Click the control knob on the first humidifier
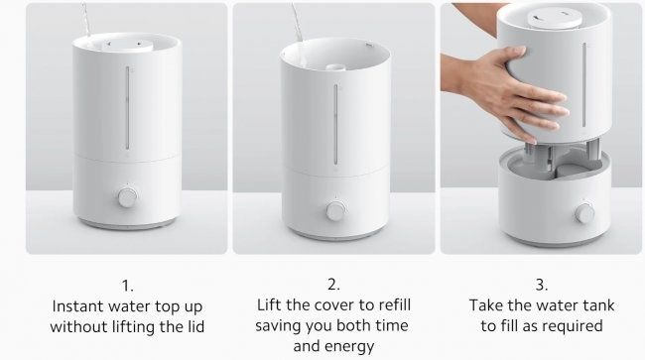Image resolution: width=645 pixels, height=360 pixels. pos(128,197)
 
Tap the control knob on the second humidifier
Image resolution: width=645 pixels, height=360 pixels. pos(336,211)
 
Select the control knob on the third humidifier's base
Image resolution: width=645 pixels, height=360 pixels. pos(584,213)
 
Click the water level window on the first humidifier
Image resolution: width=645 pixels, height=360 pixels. pos(128,108)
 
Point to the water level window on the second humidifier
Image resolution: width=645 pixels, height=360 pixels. pos(336,125)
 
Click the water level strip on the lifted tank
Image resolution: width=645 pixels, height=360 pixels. pos(584,84)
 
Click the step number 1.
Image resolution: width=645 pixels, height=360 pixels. pos(128,286)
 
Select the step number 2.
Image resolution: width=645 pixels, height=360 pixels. pos(334,285)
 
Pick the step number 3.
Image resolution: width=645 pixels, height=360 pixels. pos(542,285)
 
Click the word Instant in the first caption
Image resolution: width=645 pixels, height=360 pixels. pos(78,306)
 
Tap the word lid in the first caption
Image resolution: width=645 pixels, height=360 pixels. pos(193,326)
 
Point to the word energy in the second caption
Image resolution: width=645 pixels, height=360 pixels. pos(350,347)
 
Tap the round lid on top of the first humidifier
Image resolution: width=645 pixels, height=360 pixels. pos(127,45)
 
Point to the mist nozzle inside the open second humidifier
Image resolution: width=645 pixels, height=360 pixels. pos(334,67)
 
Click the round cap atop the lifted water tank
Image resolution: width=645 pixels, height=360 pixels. pos(555,19)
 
